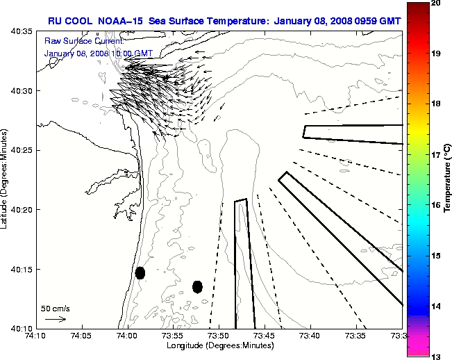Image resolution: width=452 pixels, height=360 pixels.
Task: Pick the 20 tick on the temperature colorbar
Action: [x=435, y=3]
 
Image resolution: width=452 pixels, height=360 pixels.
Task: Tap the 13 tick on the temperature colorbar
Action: [x=435, y=356]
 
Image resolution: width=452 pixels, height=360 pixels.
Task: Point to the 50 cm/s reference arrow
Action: [x=56, y=319]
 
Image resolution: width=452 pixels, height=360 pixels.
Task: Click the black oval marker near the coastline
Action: [x=140, y=272]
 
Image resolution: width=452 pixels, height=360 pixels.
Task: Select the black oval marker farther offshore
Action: [x=197, y=286]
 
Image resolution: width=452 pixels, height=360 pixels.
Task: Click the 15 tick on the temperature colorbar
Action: [x=435, y=256]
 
